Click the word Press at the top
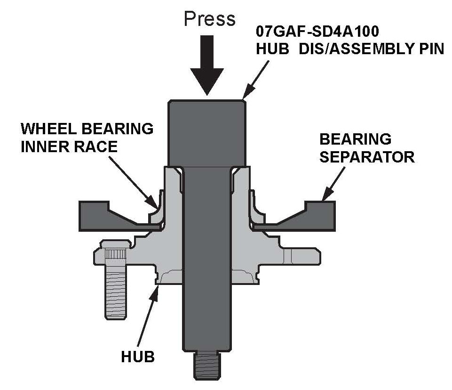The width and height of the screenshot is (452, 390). (209, 19)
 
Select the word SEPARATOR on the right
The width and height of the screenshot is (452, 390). (367, 157)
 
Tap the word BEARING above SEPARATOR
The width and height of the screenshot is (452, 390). (355, 139)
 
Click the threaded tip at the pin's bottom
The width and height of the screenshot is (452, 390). (207, 367)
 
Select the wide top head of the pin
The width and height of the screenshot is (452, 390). (207, 132)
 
